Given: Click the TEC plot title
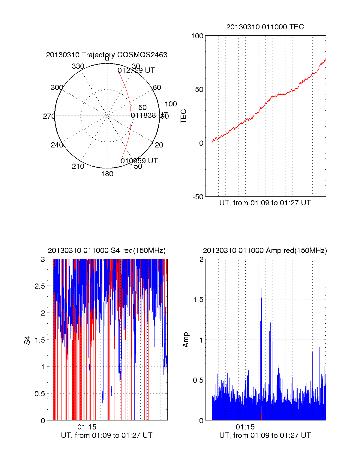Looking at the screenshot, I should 265,27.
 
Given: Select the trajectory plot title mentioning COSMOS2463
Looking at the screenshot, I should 106,55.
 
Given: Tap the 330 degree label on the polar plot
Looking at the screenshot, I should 78,66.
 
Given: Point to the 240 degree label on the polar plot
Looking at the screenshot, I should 57,145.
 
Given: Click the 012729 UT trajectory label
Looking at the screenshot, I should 136,70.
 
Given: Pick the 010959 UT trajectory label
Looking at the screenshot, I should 139,161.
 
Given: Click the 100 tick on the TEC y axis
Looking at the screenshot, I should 197,36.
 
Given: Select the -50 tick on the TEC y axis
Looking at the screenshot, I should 198,197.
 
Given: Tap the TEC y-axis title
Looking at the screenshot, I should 183,116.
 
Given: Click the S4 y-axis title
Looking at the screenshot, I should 27,340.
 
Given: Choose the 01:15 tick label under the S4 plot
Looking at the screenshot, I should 87,427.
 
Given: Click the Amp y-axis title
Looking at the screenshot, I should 186,340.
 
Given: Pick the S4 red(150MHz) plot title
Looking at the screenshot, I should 106,251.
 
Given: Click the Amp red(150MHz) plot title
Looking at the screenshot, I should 265,251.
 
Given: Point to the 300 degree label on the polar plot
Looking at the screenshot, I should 57,88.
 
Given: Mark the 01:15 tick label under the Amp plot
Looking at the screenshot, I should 245,427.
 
